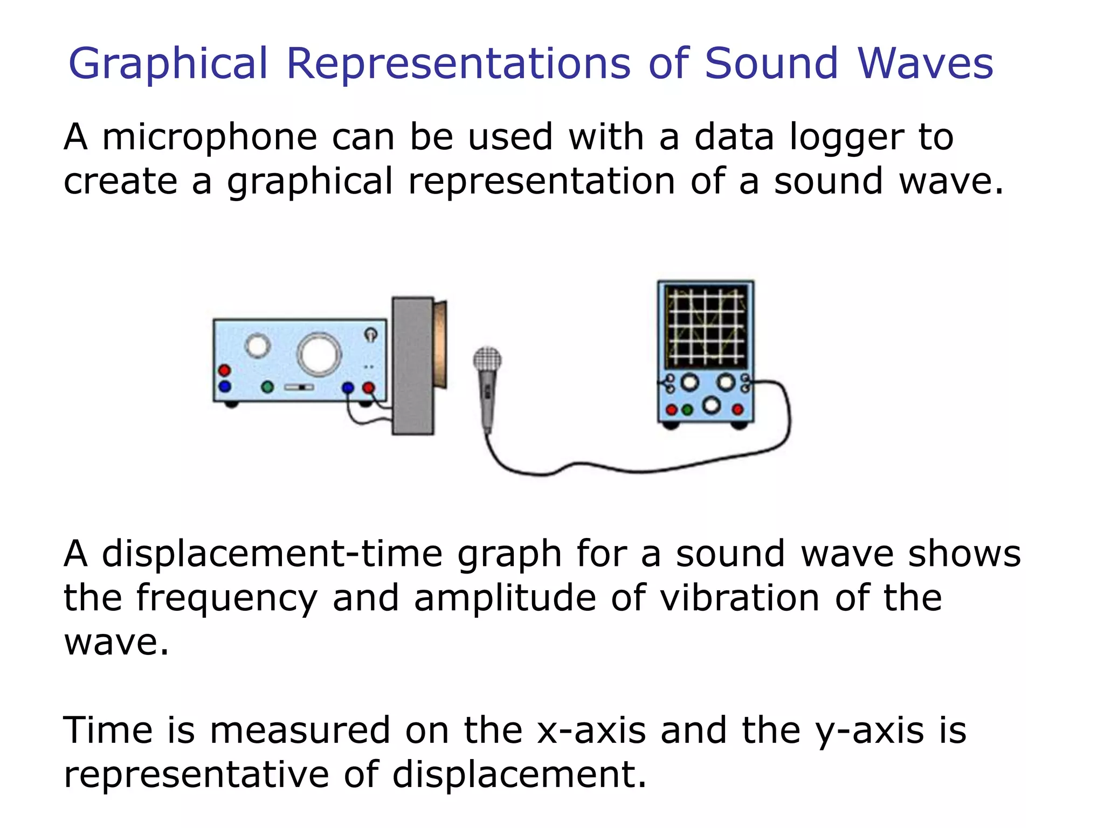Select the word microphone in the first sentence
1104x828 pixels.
(209, 137)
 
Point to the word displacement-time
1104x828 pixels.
(272, 554)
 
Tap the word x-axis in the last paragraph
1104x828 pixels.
(591, 731)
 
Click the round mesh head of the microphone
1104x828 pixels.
(487, 360)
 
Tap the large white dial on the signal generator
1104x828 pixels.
(319, 354)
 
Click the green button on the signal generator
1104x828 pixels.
(267, 387)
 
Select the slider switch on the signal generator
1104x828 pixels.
(299, 387)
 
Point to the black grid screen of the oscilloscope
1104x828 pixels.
(706, 327)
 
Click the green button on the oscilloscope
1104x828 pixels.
(687, 410)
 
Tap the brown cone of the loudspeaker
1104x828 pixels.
(441, 345)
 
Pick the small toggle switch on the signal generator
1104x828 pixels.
(371, 334)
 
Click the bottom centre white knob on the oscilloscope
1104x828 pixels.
(712, 405)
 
